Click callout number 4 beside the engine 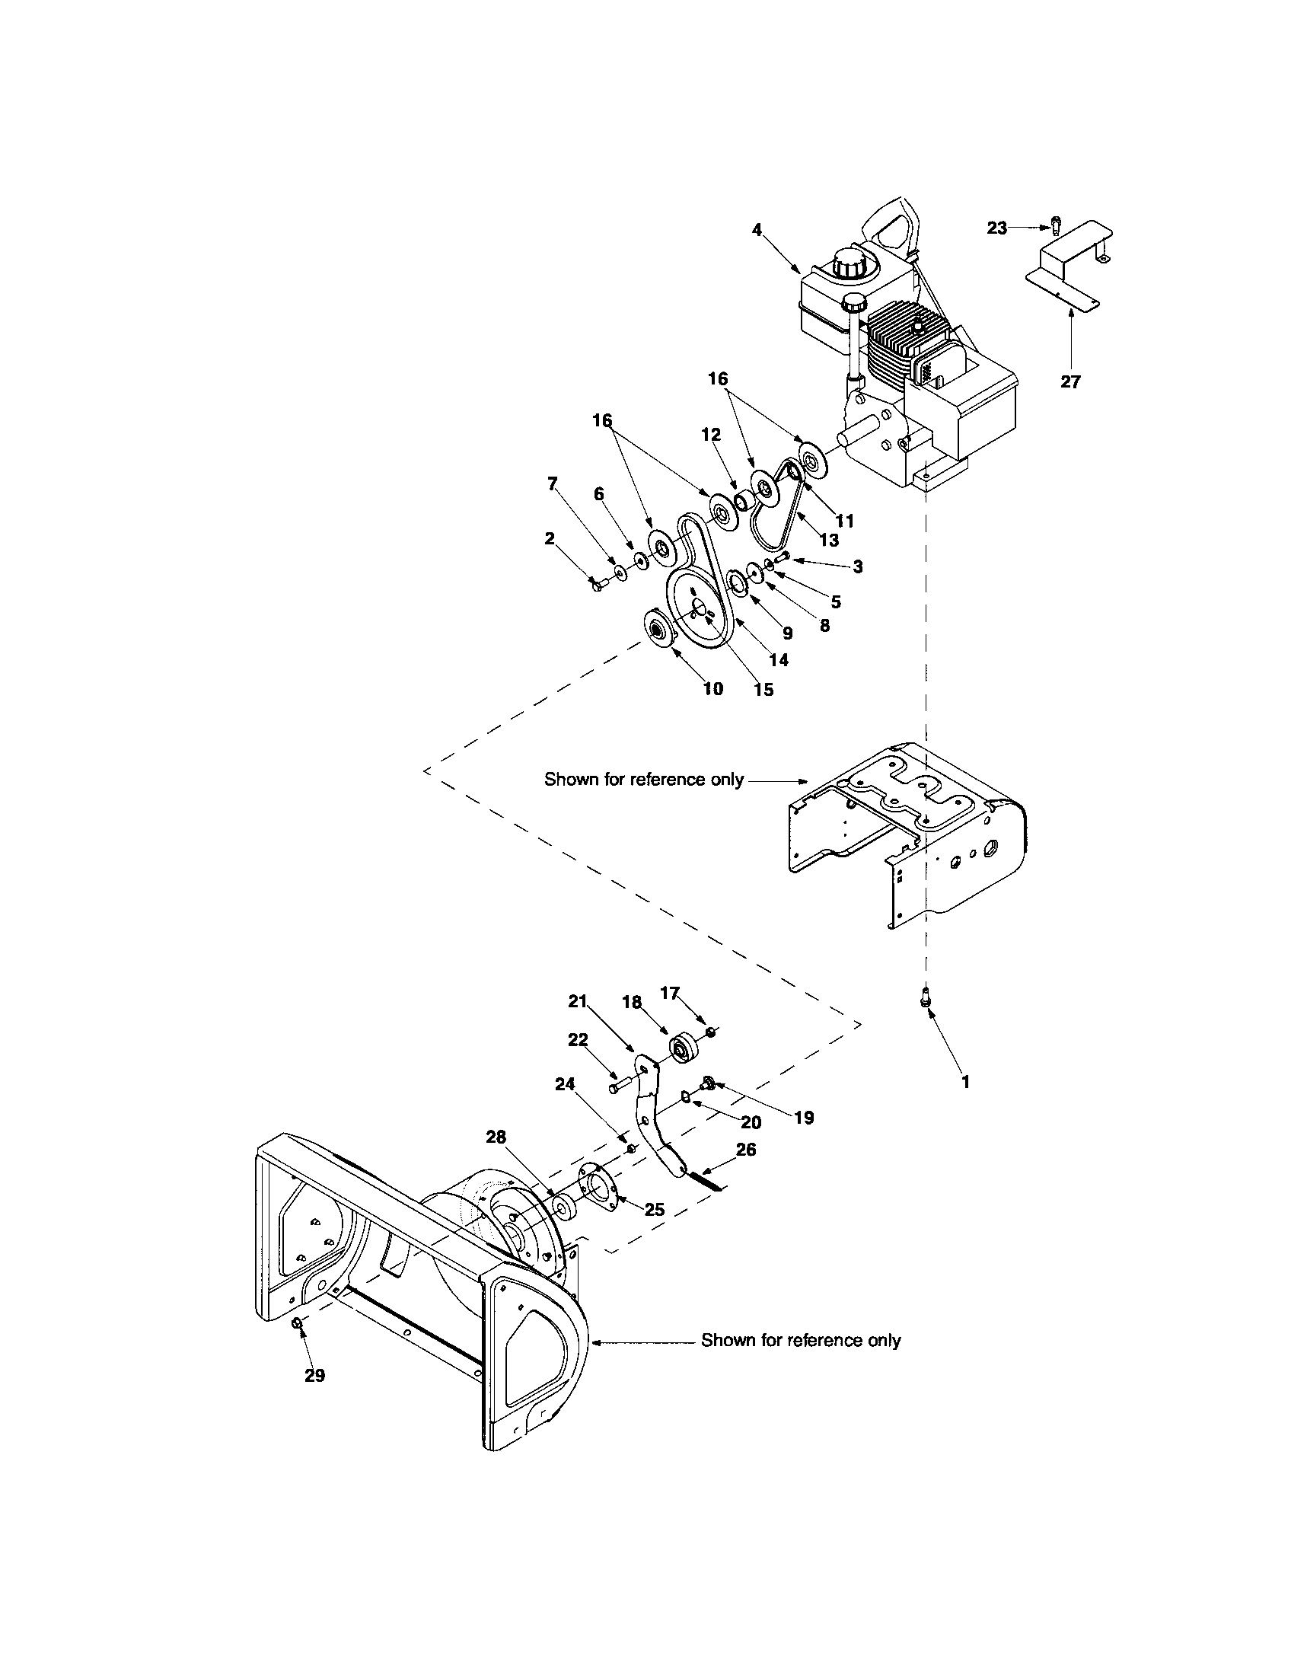tap(757, 229)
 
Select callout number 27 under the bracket tap(1070, 381)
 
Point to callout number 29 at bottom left tap(314, 1375)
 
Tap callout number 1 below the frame tap(965, 1081)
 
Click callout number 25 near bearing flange tap(654, 1210)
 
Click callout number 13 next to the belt tap(828, 539)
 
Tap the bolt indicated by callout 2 tap(598, 585)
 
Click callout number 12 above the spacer tap(711, 435)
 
